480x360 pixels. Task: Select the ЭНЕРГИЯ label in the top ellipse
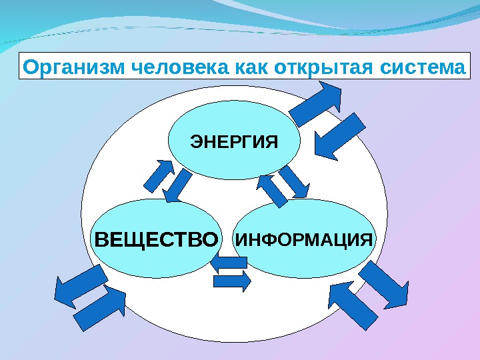coord(233,141)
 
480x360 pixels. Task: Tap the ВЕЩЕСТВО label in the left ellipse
coord(157,239)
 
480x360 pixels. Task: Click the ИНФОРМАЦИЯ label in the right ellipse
coord(304,238)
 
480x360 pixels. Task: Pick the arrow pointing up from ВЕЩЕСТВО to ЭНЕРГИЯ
coord(157,174)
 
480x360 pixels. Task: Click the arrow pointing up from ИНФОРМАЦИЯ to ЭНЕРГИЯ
coord(271,189)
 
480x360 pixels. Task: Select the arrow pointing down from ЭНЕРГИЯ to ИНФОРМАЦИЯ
coord(293,181)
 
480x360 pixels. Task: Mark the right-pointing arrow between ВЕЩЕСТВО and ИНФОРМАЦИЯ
coord(233,281)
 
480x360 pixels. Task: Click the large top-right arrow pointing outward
coord(316,102)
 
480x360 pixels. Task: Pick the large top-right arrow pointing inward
coord(339,136)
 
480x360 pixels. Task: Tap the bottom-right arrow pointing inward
coord(353,304)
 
